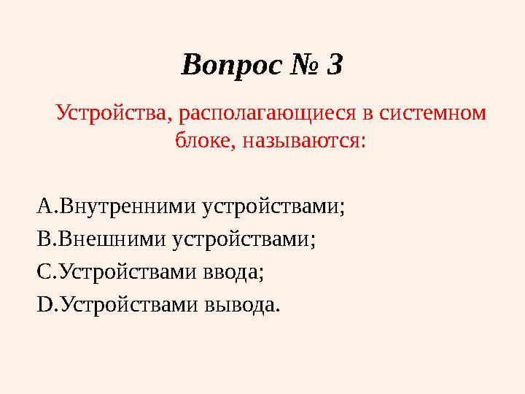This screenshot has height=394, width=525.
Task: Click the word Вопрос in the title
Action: point(230,65)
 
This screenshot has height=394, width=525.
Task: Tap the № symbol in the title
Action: point(304,65)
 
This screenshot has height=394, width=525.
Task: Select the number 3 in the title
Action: point(335,65)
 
